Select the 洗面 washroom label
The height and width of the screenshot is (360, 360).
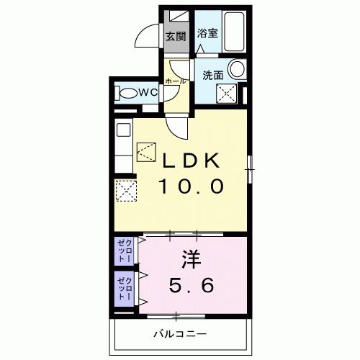212,73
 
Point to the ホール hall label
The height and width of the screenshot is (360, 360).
176,81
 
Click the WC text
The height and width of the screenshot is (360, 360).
148,92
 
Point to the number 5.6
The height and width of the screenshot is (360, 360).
191,287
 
